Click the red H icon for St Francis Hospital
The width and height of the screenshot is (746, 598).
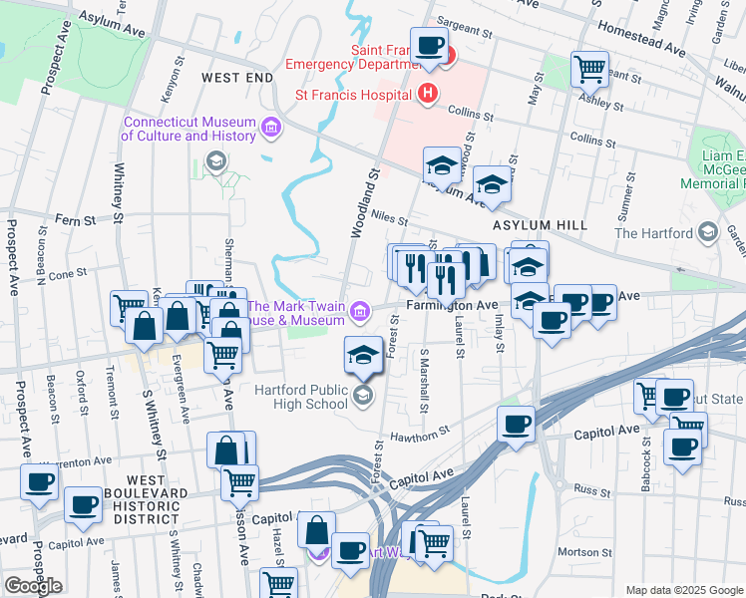pos(428,95)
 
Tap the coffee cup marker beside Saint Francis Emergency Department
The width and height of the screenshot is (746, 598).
pos(429,45)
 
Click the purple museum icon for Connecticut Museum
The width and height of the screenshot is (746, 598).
pos(270,128)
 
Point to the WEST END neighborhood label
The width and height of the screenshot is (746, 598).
pos(236,77)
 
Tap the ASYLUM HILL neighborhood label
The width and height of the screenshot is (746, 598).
pos(540,225)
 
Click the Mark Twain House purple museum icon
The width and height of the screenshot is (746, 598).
pos(358,314)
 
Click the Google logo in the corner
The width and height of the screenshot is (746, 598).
pos(33,586)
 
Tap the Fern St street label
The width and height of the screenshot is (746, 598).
pos(74,219)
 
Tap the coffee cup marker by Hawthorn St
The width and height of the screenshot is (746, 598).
pos(516,424)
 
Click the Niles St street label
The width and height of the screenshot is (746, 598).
pos(389,216)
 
